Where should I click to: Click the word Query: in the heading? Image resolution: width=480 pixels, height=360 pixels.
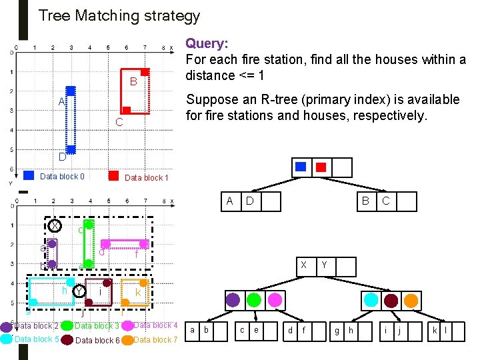pyautogui.click(x=207, y=43)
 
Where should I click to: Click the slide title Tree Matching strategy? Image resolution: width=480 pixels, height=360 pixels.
pyautogui.click(x=119, y=15)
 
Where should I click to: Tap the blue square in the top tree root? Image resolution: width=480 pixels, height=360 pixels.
pyautogui.click(x=302, y=167)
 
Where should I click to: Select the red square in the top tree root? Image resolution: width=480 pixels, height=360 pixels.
pyautogui.click(x=321, y=167)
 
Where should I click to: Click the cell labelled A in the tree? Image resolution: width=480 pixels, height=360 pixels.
pyautogui.click(x=230, y=201)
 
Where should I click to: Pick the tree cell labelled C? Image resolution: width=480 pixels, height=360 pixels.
pyautogui.click(x=385, y=201)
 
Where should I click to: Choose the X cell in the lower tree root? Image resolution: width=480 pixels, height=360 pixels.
pyautogui.click(x=303, y=265)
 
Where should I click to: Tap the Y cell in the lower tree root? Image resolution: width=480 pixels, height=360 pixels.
pyautogui.click(x=323, y=265)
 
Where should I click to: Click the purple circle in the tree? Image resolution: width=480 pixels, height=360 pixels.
pyautogui.click(x=233, y=299)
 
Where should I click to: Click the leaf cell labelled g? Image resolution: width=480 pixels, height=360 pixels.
pyautogui.click(x=336, y=329)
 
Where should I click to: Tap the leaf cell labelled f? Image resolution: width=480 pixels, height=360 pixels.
pyautogui.click(x=304, y=329)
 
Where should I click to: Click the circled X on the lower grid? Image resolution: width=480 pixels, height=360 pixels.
pyautogui.click(x=55, y=226)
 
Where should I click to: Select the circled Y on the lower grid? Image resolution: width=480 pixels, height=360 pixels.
pyautogui.click(x=79, y=291)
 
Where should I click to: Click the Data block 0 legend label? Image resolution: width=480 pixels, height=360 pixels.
pyautogui.click(x=63, y=177)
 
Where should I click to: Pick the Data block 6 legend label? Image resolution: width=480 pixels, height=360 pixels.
pyautogui.click(x=97, y=341)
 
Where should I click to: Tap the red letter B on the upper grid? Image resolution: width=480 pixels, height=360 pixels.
pyautogui.click(x=133, y=82)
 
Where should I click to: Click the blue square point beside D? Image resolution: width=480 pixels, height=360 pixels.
pyautogui.click(x=71, y=149)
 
